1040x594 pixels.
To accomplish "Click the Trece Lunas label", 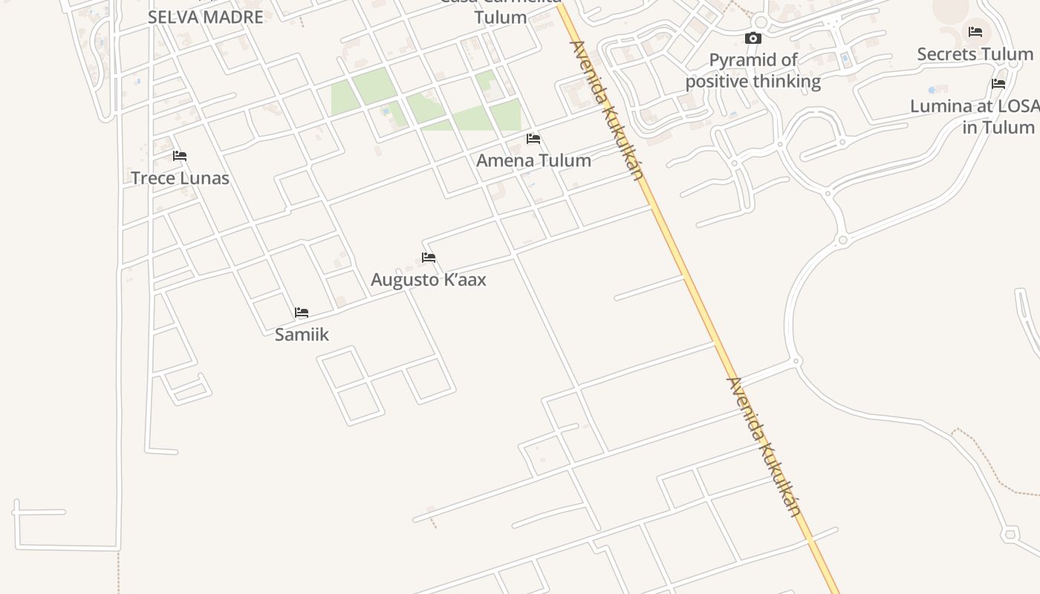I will pyautogui.click(x=180, y=178).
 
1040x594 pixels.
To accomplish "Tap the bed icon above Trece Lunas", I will pyautogui.click(x=180, y=156).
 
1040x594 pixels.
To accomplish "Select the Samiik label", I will pyautogui.click(x=302, y=334).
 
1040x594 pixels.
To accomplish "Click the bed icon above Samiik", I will pyautogui.click(x=302, y=313).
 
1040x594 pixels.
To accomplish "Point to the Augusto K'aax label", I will pyautogui.click(x=429, y=280).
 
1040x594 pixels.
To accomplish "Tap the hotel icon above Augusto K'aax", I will pyautogui.click(x=429, y=258).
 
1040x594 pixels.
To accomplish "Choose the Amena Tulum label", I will pyautogui.click(x=533, y=160).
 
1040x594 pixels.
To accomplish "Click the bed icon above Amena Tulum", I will pyautogui.click(x=533, y=139).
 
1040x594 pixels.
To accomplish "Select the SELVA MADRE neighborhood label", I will pyautogui.click(x=206, y=17).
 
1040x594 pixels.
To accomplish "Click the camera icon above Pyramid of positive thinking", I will pyautogui.click(x=753, y=39).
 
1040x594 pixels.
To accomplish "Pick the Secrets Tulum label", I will pyautogui.click(x=975, y=54).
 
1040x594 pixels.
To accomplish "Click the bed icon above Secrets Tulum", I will pyautogui.click(x=975, y=32).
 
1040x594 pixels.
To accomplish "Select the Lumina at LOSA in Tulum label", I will pyautogui.click(x=973, y=117).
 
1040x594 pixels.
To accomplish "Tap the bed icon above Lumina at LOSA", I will pyautogui.click(x=998, y=84).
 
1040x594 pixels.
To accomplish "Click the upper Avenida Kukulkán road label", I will pyautogui.click(x=605, y=110).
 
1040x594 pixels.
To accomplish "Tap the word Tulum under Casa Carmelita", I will pyautogui.click(x=501, y=17).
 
